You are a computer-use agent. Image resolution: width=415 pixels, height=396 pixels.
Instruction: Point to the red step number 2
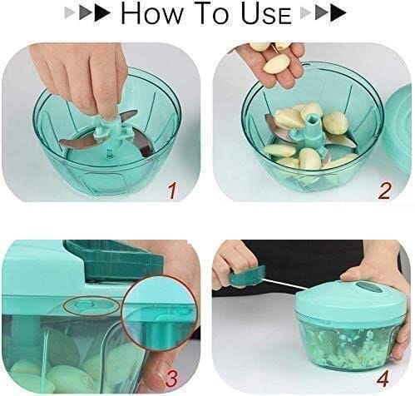coord(384,191)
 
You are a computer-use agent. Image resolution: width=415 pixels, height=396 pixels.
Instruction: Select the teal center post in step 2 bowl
coord(309,133)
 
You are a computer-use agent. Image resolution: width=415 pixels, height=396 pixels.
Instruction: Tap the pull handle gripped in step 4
coord(244,276)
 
